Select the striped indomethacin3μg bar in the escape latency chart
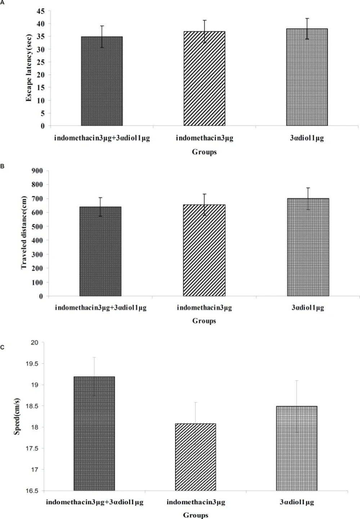(204, 78)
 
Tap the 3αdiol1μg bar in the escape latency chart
(307, 77)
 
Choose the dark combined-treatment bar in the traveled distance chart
(100, 251)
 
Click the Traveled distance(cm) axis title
(24, 233)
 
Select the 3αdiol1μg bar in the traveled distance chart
(308, 247)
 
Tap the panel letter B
(2, 166)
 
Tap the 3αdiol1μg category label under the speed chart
(297, 502)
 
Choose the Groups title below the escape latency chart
(204, 152)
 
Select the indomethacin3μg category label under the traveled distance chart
(204, 308)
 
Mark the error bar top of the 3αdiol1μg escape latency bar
(307, 18)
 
